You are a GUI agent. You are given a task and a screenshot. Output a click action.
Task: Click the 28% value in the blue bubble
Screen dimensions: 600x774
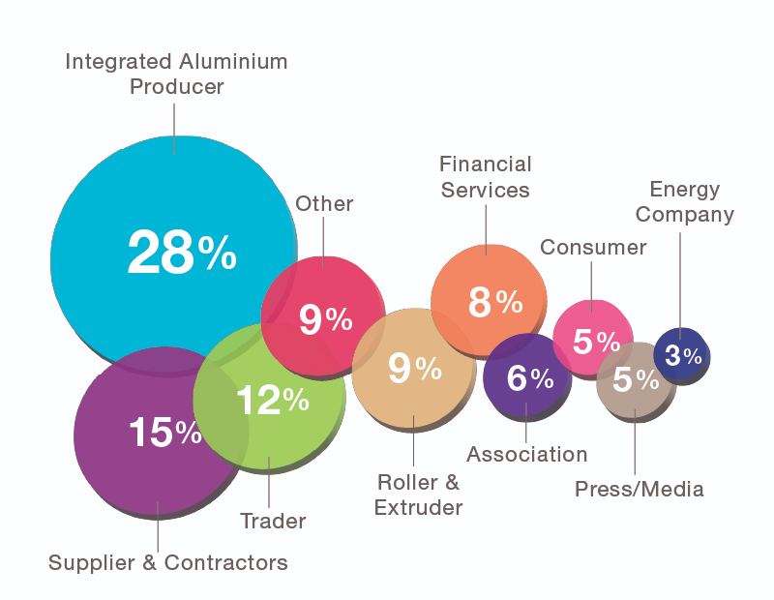(x=182, y=254)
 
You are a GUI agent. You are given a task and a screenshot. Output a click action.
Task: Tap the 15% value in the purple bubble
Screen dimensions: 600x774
(x=164, y=433)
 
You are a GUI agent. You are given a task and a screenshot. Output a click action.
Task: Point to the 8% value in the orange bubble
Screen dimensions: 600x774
(x=495, y=303)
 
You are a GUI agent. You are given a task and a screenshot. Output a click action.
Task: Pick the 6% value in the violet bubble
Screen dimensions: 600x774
(x=529, y=378)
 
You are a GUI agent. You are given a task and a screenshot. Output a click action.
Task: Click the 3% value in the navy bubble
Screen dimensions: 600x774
(x=683, y=355)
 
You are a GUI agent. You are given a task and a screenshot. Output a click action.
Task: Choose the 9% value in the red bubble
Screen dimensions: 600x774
(x=325, y=319)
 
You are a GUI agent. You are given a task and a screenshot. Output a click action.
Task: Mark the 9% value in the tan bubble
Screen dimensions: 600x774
(x=414, y=368)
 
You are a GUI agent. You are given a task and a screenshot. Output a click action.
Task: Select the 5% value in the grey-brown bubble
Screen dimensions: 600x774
(x=635, y=380)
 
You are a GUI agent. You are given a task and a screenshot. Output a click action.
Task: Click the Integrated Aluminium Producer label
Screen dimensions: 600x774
(x=176, y=74)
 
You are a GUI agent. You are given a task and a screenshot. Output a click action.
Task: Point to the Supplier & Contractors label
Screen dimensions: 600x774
(x=168, y=562)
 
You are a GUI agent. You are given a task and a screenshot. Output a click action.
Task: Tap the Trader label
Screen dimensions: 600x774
(x=273, y=522)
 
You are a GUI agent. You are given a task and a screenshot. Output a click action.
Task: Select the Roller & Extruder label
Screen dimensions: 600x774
(x=420, y=494)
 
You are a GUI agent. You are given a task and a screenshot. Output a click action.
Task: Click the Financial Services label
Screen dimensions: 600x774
(x=486, y=176)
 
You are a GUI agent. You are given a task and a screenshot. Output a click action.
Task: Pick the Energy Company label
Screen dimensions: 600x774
(x=685, y=201)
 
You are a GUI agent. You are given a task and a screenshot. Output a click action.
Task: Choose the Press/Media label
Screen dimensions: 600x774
(x=640, y=489)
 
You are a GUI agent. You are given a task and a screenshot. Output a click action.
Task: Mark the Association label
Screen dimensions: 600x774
(x=527, y=454)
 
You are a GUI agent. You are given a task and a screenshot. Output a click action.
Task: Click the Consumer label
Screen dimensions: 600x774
(x=593, y=247)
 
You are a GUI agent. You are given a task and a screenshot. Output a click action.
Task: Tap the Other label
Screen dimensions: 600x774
(x=324, y=203)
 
